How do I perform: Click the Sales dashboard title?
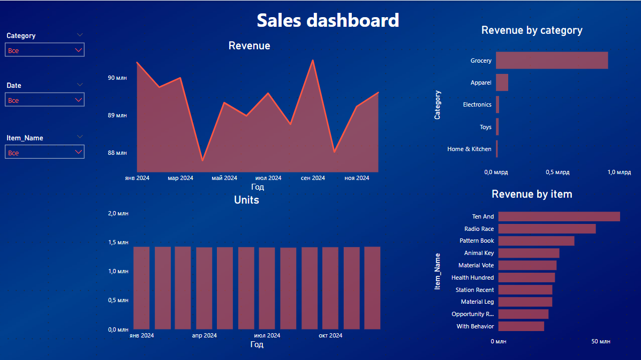click(x=328, y=20)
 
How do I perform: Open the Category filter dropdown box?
click(x=44, y=50)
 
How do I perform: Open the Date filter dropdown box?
click(x=44, y=100)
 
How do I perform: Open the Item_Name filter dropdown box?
click(x=44, y=152)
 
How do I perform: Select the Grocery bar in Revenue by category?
click(x=552, y=60)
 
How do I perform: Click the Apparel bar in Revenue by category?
click(x=502, y=82)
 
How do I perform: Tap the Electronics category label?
click(x=477, y=104)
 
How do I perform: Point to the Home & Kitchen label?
click(x=469, y=149)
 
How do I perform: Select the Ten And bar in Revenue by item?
click(x=559, y=216)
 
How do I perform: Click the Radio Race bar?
click(x=547, y=229)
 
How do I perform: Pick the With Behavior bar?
click(x=521, y=326)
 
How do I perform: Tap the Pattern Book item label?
click(x=477, y=241)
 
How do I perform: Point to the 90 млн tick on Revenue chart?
click(x=117, y=78)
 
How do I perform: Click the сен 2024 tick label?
click(x=313, y=178)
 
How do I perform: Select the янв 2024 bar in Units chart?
click(x=141, y=288)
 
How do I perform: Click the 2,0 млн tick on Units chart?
click(x=118, y=213)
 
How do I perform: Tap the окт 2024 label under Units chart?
click(x=330, y=335)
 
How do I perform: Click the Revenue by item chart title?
click(x=532, y=194)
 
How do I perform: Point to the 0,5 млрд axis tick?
click(x=557, y=172)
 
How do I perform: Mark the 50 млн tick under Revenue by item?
click(x=600, y=341)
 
